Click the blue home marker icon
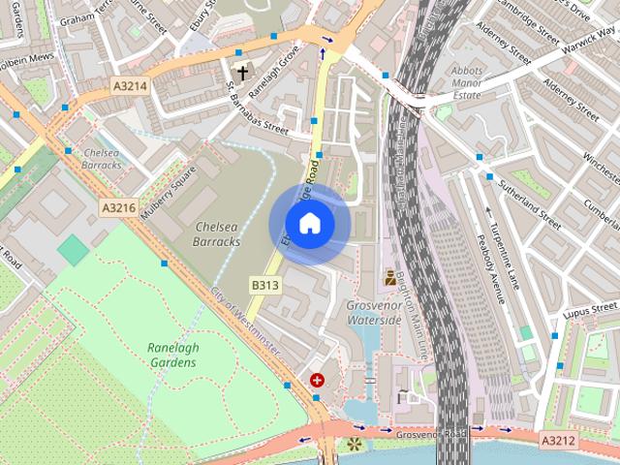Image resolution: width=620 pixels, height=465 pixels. [x=309, y=224]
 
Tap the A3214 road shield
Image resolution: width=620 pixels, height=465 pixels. [x=129, y=86]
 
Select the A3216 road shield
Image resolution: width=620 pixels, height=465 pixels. [x=117, y=206]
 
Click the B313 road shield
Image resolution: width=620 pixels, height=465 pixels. [x=264, y=285]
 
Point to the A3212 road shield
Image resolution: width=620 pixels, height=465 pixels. [x=557, y=441]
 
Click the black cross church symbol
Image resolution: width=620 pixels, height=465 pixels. [x=241, y=71]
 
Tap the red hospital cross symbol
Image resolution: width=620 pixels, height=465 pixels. [x=317, y=381]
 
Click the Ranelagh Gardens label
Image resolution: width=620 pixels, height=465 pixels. [x=171, y=355]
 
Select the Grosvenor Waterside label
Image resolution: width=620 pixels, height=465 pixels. [x=374, y=312]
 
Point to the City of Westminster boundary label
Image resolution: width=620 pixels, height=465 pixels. [x=245, y=319]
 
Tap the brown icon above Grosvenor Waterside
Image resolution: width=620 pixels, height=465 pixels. [x=390, y=277]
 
